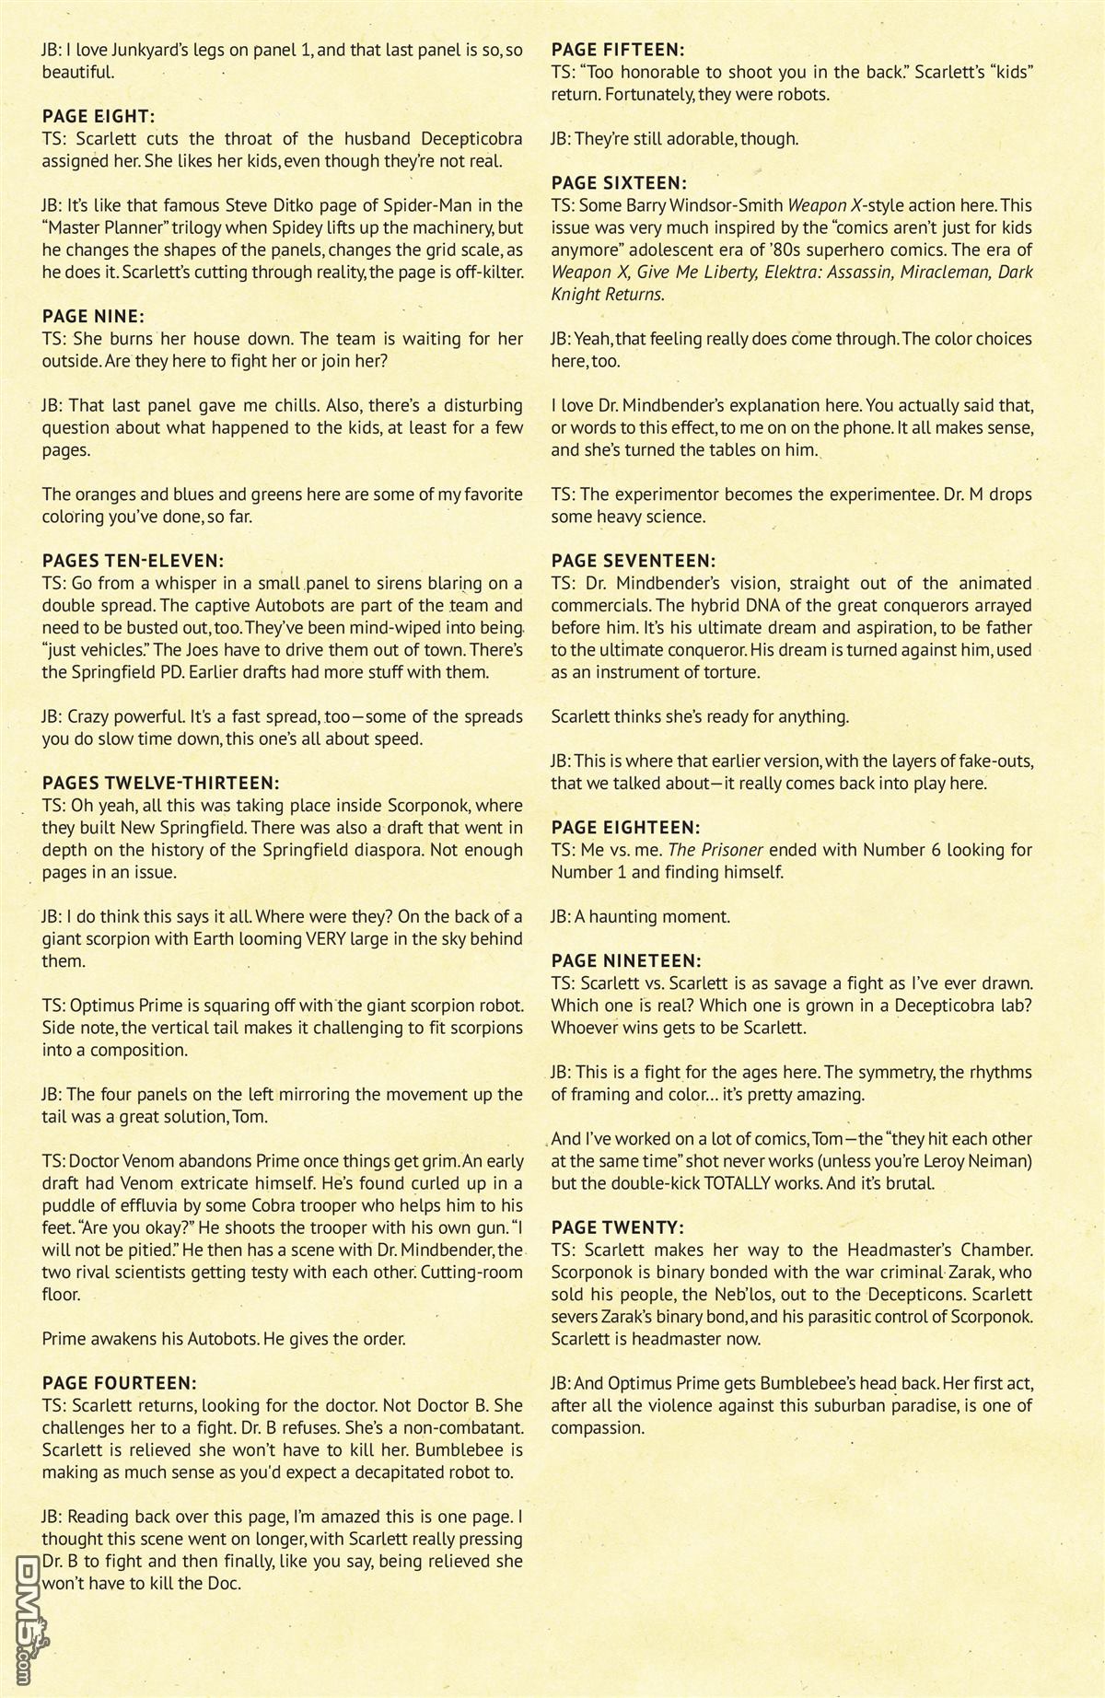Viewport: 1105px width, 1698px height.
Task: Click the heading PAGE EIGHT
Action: click(x=99, y=117)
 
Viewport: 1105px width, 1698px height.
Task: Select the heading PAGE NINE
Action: click(x=93, y=317)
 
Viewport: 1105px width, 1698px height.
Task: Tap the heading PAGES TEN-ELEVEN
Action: click(x=133, y=561)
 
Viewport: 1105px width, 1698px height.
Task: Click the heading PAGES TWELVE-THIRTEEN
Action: click(x=160, y=784)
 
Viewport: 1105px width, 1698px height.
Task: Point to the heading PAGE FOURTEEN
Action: click(x=120, y=1383)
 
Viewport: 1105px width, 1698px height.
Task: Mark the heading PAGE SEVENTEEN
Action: click(x=633, y=561)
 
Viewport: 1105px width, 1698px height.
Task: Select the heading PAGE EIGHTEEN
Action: click(x=625, y=828)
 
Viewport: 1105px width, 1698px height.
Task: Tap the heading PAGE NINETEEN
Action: click(x=626, y=961)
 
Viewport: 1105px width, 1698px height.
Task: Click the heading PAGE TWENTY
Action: click(x=617, y=1227)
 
